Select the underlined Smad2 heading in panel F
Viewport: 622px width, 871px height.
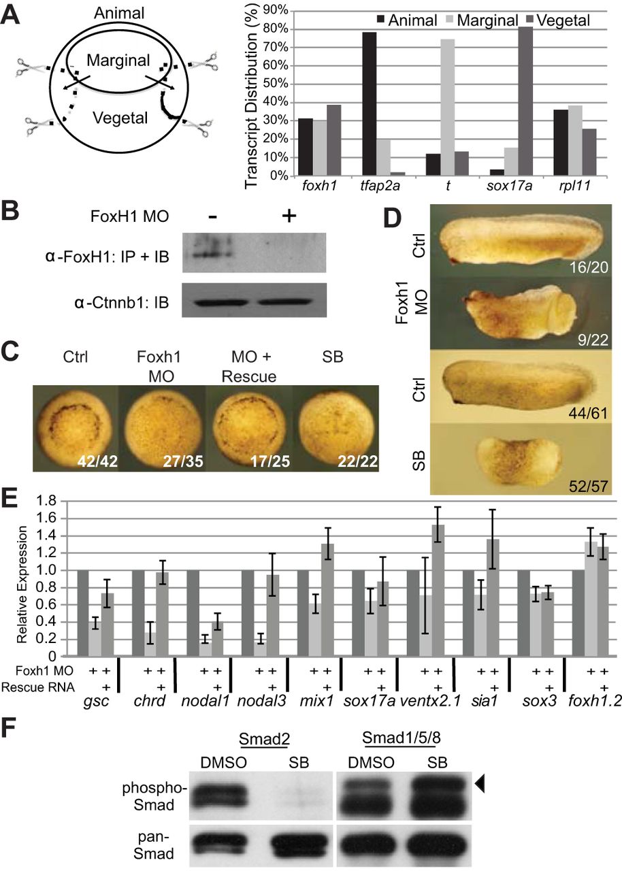click(x=259, y=732)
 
